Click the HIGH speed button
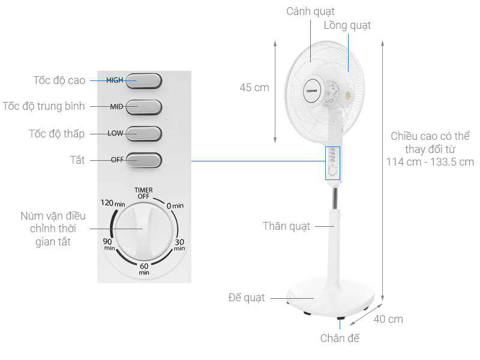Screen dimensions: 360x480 (x=143, y=80)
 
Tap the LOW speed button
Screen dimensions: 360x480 (x=143, y=133)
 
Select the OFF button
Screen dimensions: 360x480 (x=143, y=160)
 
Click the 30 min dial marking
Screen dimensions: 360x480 (x=179, y=244)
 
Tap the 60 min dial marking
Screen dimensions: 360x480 (x=144, y=268)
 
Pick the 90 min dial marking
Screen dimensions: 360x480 (x=109, y=244)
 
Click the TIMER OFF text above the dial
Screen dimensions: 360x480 (x=143, y=193)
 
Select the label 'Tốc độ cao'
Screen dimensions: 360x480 (x=59, y=80)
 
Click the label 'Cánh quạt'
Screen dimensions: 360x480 (x=310, y=11)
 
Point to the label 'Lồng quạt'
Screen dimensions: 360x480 (x=347, y=25)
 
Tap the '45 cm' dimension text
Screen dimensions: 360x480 (x=254, y=88)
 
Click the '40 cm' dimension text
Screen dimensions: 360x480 (x=388, y=319)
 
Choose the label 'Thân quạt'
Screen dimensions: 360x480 (x=287, y=226)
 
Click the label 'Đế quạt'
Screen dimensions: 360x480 (x=247, y=298)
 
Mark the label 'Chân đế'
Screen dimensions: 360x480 (x=340, y=338)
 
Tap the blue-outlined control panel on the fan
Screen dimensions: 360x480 (x=332, y=163)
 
